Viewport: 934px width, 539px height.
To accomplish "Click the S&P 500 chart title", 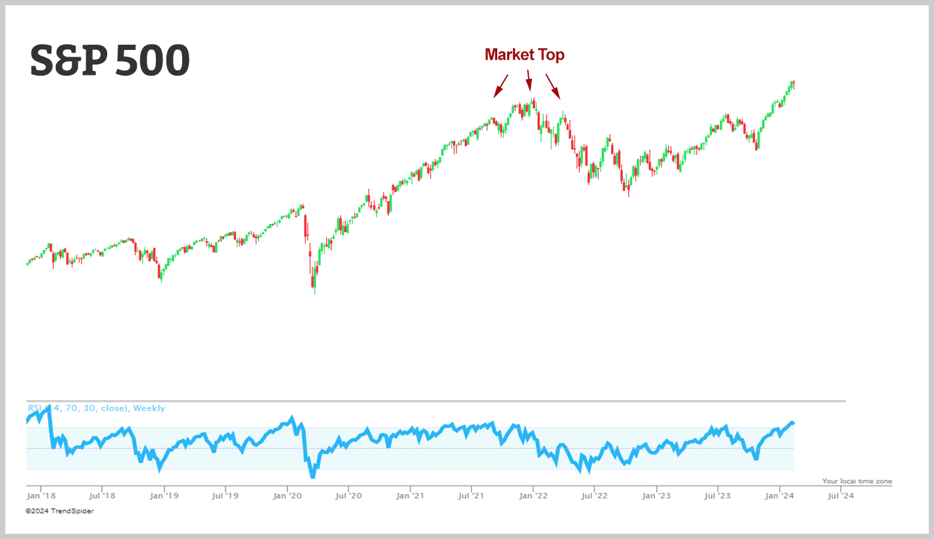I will (110, 61).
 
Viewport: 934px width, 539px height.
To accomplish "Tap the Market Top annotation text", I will (524, 55).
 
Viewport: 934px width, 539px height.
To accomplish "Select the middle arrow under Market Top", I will (529, 80).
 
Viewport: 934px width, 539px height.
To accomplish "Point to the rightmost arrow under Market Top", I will (553, 86).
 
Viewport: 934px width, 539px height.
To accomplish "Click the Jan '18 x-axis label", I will (41, 496).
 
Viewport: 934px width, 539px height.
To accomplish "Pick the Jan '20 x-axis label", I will (287, 496).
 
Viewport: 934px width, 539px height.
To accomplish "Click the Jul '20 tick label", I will (349, 496).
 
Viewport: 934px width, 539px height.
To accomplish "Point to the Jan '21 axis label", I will (410, 496).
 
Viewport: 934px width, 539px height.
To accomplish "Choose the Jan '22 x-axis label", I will (533, 496).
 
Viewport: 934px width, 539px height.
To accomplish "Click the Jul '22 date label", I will (594, 496).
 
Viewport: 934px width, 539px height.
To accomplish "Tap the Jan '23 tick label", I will (656, 496).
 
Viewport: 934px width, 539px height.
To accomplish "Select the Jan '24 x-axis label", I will (779, 496).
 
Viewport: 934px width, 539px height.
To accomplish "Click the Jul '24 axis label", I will (840, 496).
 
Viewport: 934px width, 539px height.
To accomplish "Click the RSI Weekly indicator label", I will (96, 408).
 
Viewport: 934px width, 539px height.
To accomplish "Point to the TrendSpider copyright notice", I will (59, 511).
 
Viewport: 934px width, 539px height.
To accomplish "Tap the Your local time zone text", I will (857, 481).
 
